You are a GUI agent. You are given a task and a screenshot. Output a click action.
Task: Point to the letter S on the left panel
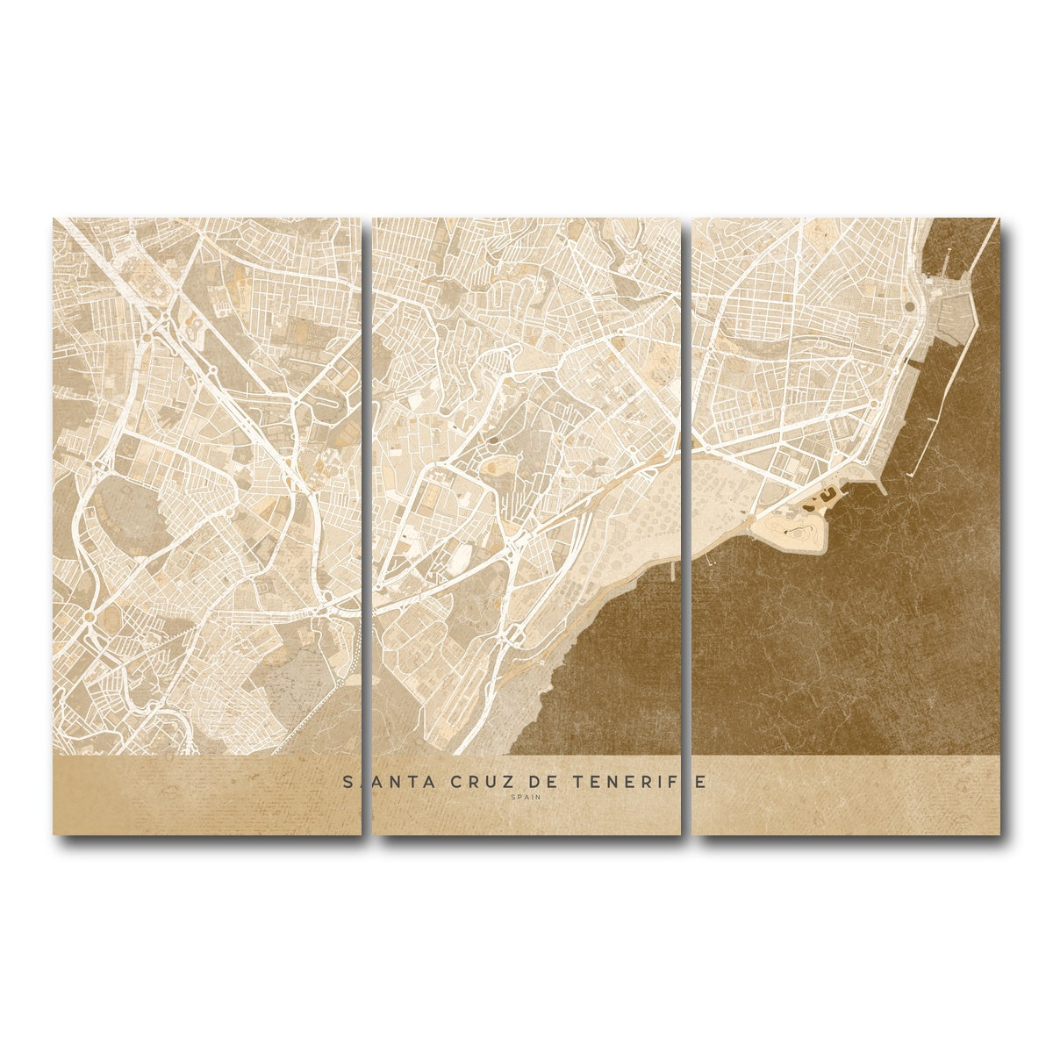348,782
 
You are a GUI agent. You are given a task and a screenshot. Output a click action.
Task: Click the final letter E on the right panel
700,782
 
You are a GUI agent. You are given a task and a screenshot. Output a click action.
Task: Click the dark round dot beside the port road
910,306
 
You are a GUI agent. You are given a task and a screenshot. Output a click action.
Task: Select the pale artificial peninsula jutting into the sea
790,531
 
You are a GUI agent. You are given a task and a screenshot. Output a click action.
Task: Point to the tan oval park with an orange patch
498,465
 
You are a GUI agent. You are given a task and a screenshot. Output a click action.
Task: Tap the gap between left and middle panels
368,526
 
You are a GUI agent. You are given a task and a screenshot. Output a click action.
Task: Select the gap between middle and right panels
687,526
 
